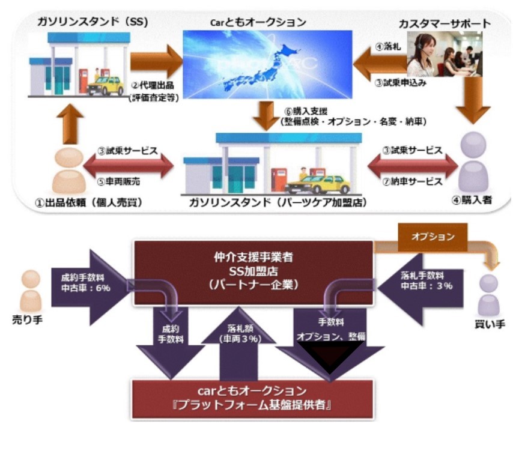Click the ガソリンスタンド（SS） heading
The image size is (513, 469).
click(x=88, y=22)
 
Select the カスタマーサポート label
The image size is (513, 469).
click(x=445, y=24)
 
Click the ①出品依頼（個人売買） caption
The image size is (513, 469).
click(x=84, y=201)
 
